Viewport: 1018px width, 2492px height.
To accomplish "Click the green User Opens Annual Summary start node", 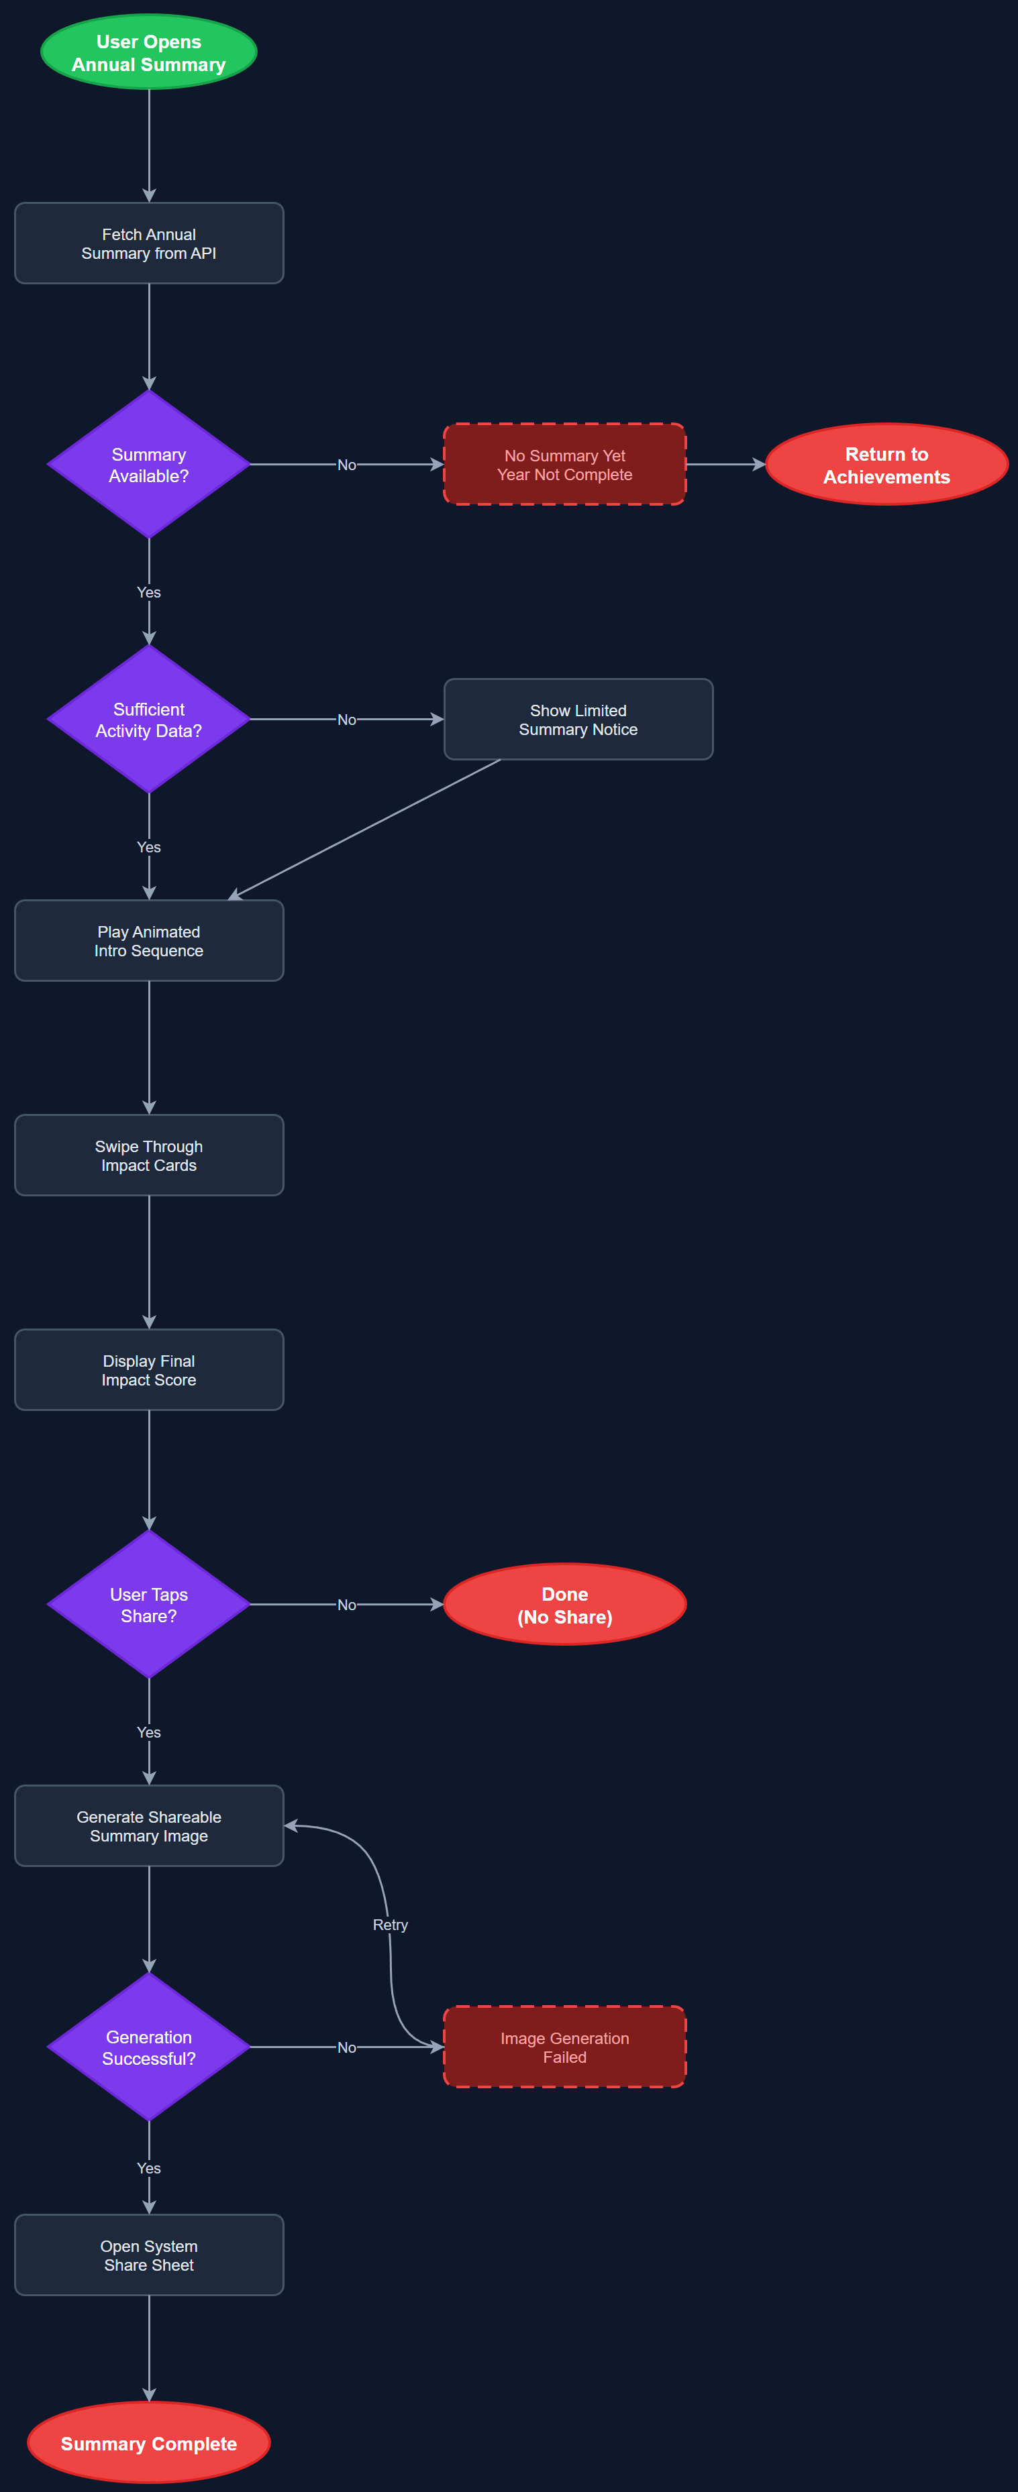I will pyautogui.click(x=148, y=52).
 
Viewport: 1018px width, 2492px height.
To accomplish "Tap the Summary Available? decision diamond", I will pyautogui.click(x=148, y=464).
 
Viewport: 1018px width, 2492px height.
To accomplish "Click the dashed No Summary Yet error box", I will pyautogui.click(x=564, y=464).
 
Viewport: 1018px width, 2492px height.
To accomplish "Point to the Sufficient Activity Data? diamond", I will pyautogui.click(x=148, y=719).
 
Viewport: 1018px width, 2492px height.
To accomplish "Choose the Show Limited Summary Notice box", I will pyautogui.click(x=578, y=719).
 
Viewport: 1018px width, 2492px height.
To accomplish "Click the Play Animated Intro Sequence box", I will pyautogui.click(x=148, y=940).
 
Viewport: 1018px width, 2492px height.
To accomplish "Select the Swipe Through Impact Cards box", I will pyautogui.click(x=148, y=1155).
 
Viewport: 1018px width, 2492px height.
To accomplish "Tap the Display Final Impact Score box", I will pyautogui.click(x=148, y=1370).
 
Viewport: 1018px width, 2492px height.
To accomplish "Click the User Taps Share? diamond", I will pyautogui.click(x=148, y=1604).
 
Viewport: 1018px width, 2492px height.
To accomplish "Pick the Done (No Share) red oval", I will pyautogui.click(x=564, y=1604).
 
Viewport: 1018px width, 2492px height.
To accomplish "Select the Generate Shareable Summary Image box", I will pyautogui.click(x=148, y=1825).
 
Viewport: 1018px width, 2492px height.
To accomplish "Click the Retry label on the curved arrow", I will pyautogui.click(x=390, y=1924).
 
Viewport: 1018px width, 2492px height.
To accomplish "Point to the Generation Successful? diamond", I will pyautogui.click(x=148, y=2047).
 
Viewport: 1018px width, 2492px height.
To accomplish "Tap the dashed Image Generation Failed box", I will pyautogui.click(x=564, y=2047).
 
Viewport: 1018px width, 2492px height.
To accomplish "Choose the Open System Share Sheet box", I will pyautogui.click(x=148, y=2255).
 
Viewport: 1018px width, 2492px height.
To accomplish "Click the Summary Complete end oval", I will pyautogui.click(x=148, y=2442).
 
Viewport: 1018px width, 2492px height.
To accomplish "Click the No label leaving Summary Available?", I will pyautogui.click(x=346, y=464).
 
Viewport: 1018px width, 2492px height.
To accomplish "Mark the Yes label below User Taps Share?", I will pyautogui.click(x=148, y=1732).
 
